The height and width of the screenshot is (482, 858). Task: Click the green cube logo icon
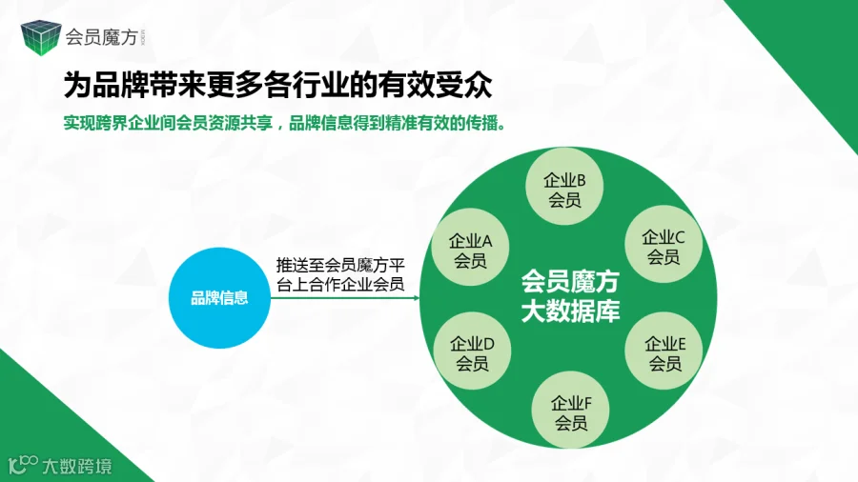[x=40, y=36]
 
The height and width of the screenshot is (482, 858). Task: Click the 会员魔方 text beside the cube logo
[x=101, y=37]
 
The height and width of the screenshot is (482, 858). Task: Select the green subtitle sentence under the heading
[x=284, y=125]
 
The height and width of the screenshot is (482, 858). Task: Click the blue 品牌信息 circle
[x=219, y=298]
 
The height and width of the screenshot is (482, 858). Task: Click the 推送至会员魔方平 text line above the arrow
[x=340, y=263]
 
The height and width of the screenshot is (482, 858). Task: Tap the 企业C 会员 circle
[x=664, y=246]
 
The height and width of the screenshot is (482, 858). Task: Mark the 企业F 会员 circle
[x=571, y=412]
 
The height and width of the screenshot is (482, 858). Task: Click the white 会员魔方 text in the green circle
[x=570, y=282]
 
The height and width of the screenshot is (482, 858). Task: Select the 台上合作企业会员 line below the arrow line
[x=339, y=284]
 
